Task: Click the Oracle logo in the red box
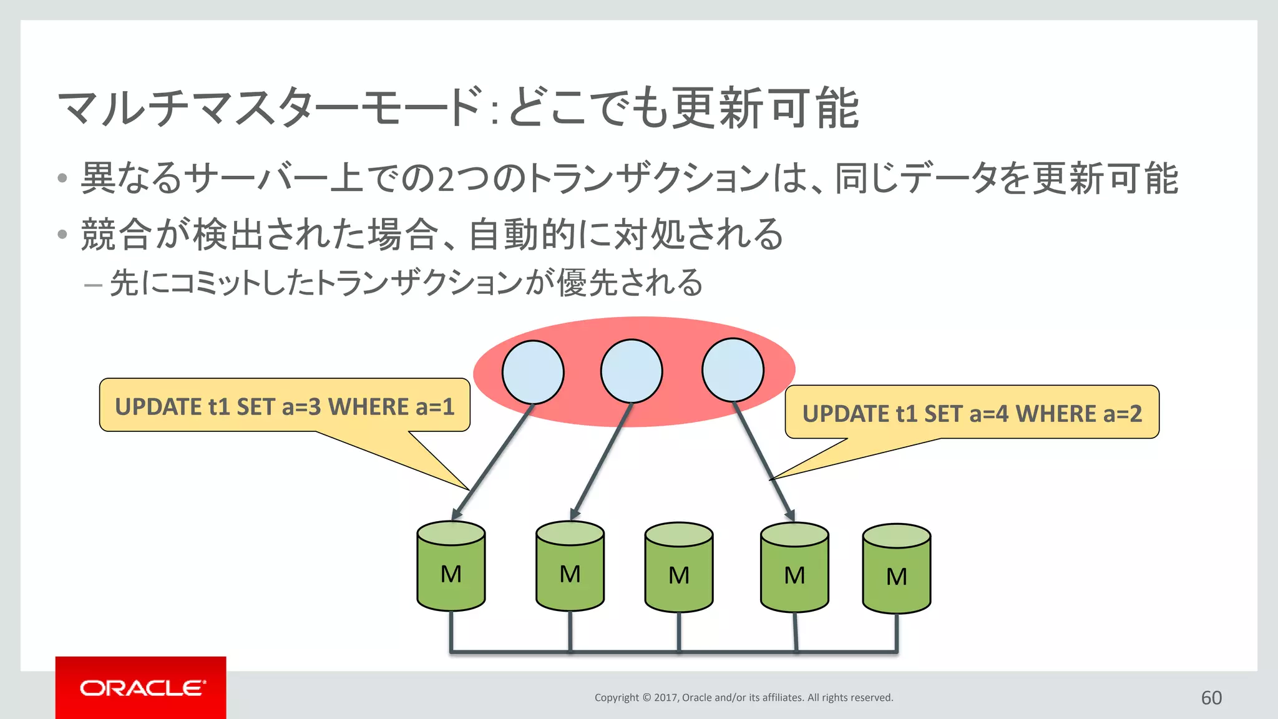[x=142, y=688]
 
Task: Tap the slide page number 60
[x=1211, y=697]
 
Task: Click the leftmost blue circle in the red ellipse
[x=533, y=372]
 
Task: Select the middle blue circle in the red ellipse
[x=632, y=371]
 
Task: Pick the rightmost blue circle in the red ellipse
[x=733, y=370]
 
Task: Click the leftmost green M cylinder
[x=451, y=566]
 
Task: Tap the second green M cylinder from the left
[x=570, y=566]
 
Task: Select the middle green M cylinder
[x=679, y=567]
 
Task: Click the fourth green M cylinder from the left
[x=794, y=567]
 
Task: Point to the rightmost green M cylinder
[x=897, y=569]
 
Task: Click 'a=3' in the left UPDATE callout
[x=301, y=407]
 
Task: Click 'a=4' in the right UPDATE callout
[x=988, y=414]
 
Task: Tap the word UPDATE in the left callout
[x=158, y=407]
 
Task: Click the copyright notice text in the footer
[x=743, y=698]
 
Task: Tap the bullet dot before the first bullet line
[x=62, y=179]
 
